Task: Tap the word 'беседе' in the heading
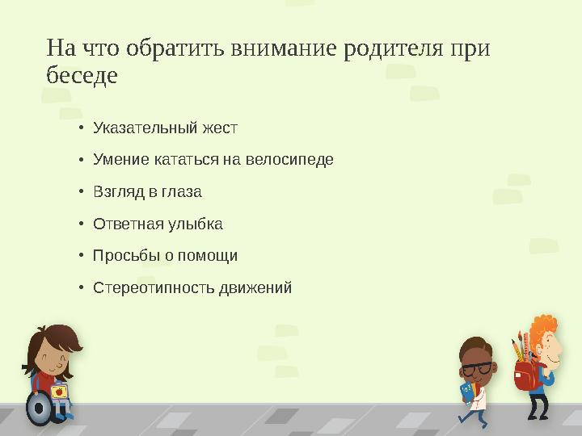click(x=82, y=77)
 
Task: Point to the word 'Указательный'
click(x=133, y=128)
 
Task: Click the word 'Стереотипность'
click(x=154, y=287)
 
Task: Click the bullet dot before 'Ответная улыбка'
click(x=82, y=224)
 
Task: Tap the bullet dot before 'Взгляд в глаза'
click(x=82, y=192)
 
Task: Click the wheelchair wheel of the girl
click(x=38, y=408)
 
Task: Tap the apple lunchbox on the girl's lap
click(x=59, y=392)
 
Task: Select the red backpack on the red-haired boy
click(x=524, y=374)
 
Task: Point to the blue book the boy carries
click(x=466, y=391)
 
